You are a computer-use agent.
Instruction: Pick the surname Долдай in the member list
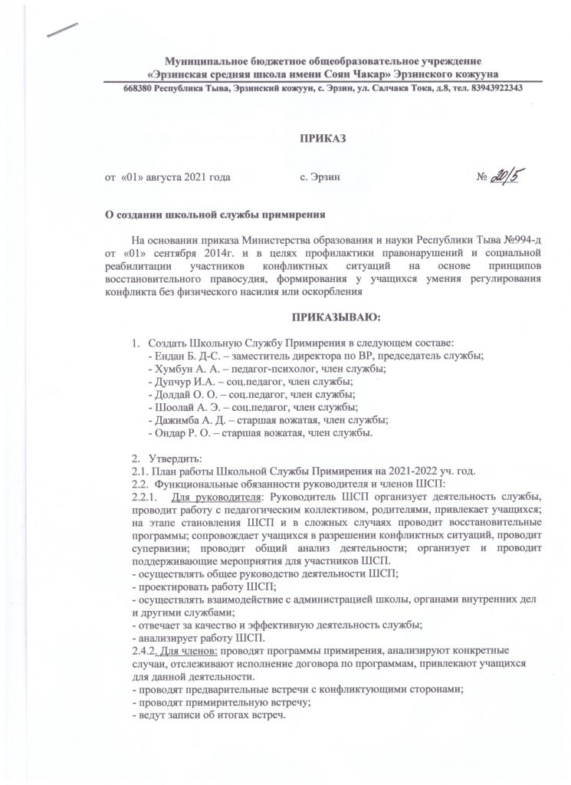(x=170, y=394)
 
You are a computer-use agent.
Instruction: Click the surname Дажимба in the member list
(x=175, y=423)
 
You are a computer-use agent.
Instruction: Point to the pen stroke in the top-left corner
(x=61, y=28)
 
